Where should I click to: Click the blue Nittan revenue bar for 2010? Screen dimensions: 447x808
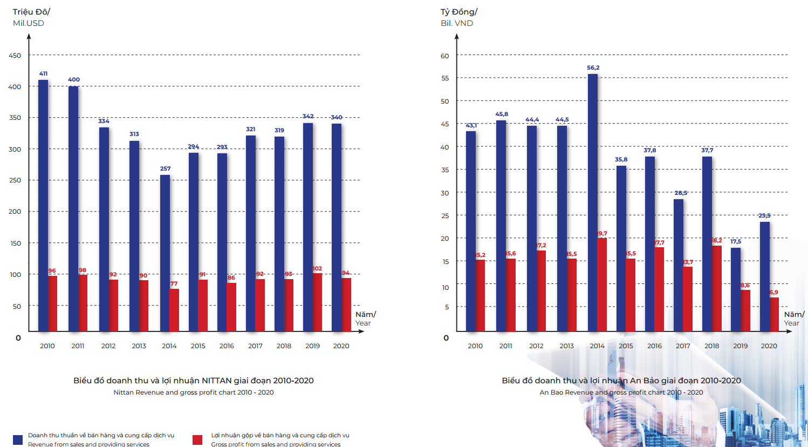tap(43, 205)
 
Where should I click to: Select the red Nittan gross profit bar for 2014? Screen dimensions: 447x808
tap(174, 310)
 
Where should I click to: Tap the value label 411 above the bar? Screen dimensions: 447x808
tap(43, 73)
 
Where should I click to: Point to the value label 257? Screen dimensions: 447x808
tap(165, 168)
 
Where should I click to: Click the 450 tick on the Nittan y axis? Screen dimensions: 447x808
tap(15, 55)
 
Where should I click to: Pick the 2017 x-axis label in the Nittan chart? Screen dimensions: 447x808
tap(255, 346)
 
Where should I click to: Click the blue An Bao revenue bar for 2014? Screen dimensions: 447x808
tap(592, 202)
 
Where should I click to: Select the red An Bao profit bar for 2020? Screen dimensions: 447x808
tap(774, 314)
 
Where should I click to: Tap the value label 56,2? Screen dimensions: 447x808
tap(593, 68)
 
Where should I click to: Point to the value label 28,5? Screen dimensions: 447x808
tap(681, 193)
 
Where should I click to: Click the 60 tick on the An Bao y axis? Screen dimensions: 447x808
tap(444, 56)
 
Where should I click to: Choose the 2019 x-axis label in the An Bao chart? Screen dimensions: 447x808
tap(740, 346)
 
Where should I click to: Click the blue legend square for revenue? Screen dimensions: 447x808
tap(18, 439)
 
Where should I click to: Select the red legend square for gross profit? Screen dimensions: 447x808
tap(197, 439)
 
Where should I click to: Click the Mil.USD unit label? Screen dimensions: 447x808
tap(29, 23)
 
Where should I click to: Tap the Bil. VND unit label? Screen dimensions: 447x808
tap(457, 23)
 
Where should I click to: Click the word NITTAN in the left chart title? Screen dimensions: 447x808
tap(216, 381)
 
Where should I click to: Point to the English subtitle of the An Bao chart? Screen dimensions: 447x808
tap(621, 392)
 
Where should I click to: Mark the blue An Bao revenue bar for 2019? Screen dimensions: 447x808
tap(735, 289)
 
